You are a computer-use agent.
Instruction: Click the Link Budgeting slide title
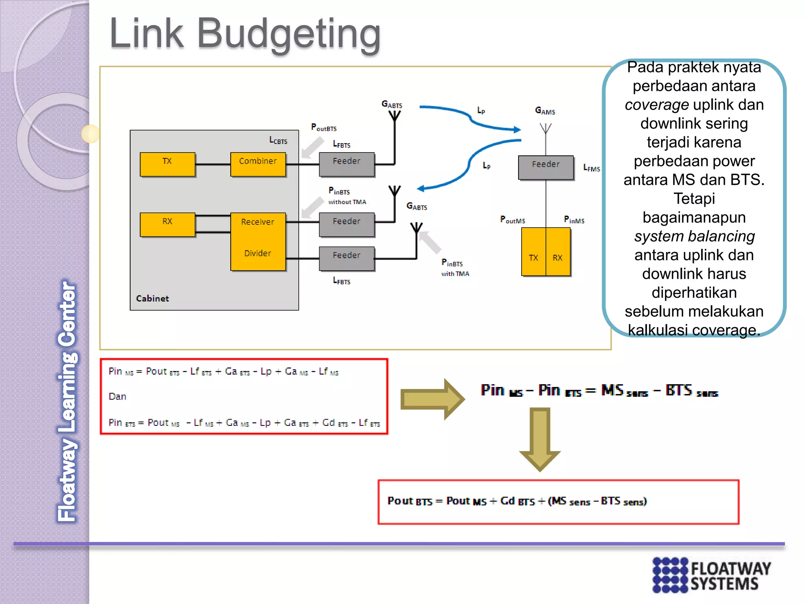[244, 35]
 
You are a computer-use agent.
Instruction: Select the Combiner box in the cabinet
[258, 164]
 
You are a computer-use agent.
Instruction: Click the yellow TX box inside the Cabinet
[167, 164]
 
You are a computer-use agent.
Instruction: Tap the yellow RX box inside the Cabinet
[167, 224]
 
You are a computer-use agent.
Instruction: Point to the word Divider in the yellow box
[257, 253]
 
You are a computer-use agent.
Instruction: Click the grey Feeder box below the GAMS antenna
[546, 167]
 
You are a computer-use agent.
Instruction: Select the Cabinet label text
[152, 298]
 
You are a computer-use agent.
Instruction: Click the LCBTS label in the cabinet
[278, 140]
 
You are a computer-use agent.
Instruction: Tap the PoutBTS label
[324, 127]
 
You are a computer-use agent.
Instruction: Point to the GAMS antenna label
[545, 111]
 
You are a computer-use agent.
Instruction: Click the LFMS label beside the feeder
[592, 168]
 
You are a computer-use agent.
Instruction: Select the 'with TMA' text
[455, 274]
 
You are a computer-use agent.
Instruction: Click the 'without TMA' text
[347, 202]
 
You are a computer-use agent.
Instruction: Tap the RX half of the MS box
[558, 258]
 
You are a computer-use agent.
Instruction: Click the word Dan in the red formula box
[117, 396]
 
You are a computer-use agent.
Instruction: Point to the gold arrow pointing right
[432, 399]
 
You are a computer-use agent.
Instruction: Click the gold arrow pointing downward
[540, 438]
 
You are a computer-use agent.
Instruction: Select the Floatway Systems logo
[711, 575]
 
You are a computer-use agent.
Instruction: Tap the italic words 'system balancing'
[694, 236]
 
